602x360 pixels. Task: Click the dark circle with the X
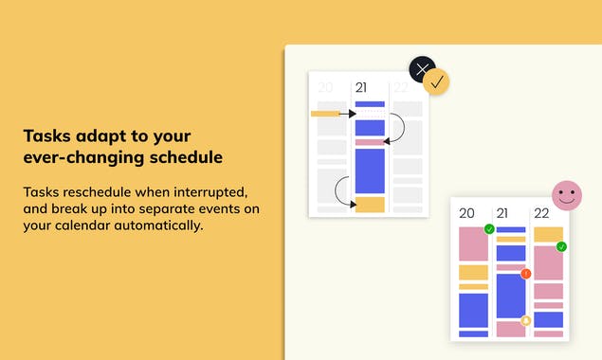(x=422, y=69)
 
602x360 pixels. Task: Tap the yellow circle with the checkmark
(x=436, y=82)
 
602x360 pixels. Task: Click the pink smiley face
(x=567, y=195)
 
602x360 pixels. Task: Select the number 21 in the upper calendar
(x=361, y=88)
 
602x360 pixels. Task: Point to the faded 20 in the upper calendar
(x=325, y=88)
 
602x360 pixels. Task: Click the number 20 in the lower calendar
(x=466, y=214)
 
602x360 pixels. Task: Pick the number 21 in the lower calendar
(x=502, y=214)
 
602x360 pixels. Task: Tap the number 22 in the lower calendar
(x=541, y=214)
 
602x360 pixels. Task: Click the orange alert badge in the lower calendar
(x=526, y=274)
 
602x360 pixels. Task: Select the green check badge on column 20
(x=489, y=229)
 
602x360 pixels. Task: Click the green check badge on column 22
(x=561, y=246)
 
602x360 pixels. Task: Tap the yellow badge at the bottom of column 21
(x=525, y=320)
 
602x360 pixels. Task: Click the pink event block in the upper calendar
(x=370, y=142)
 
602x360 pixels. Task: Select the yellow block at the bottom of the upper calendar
(x=370, y=204)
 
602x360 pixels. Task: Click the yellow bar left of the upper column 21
(x=325, y=114)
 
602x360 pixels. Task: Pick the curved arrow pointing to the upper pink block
(x=398, y=130)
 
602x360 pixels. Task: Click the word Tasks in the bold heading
(x=46, y=135)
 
